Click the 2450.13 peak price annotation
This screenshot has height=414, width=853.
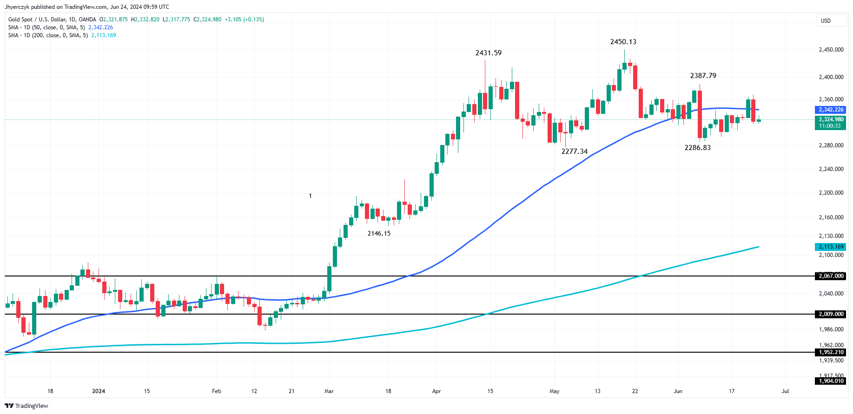pos(623,42)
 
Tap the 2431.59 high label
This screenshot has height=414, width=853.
pos(488,53)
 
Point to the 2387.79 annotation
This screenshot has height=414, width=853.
pos(703,76)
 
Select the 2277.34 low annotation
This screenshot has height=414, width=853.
pos(574,151)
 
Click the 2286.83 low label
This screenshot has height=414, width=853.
pos(697,148)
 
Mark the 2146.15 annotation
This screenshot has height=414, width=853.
pos(379,233)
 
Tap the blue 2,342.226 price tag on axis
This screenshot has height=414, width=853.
pos(831,110)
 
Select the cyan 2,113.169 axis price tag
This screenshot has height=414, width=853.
pos(831,247)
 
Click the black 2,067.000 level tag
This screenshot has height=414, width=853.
pos(831,276)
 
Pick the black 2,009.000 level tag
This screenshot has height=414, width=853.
pos(831,314)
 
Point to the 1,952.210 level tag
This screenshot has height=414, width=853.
pos(831,352)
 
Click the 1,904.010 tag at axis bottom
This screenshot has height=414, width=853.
pos(831,381)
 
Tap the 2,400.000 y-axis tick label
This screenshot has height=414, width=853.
pos(831,77)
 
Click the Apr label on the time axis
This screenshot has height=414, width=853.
pos(436,391)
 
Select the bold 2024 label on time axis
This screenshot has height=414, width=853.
pos(99,391)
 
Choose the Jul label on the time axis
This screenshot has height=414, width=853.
pos(785,391)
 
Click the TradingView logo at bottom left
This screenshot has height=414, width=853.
pos(26,406)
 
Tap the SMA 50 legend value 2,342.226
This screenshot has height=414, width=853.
pos(100,27)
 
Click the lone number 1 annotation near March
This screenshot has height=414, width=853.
pos(310,196)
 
